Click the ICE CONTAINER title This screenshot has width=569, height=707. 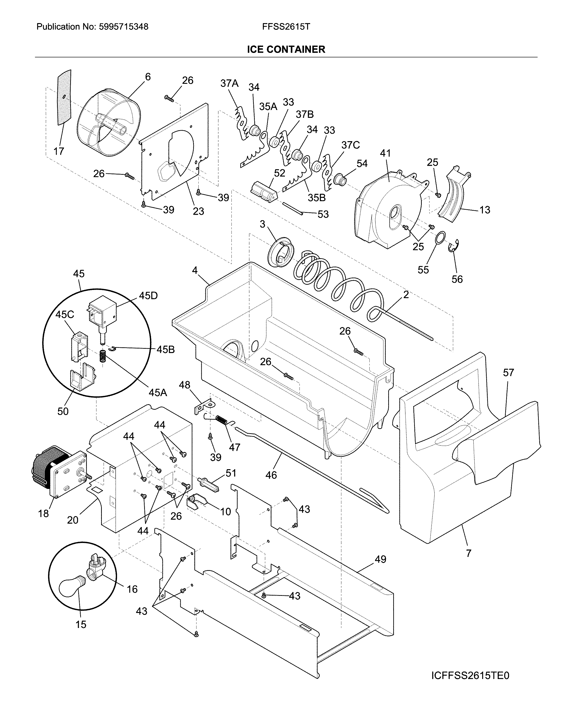point(286,50)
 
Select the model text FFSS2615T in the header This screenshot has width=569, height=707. point(286,27)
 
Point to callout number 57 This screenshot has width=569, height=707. point(508,373)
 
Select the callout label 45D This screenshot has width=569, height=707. point(148,296)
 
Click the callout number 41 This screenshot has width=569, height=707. point(385,153)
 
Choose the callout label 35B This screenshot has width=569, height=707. point(317,198)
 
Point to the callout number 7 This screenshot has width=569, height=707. point(468,553)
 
